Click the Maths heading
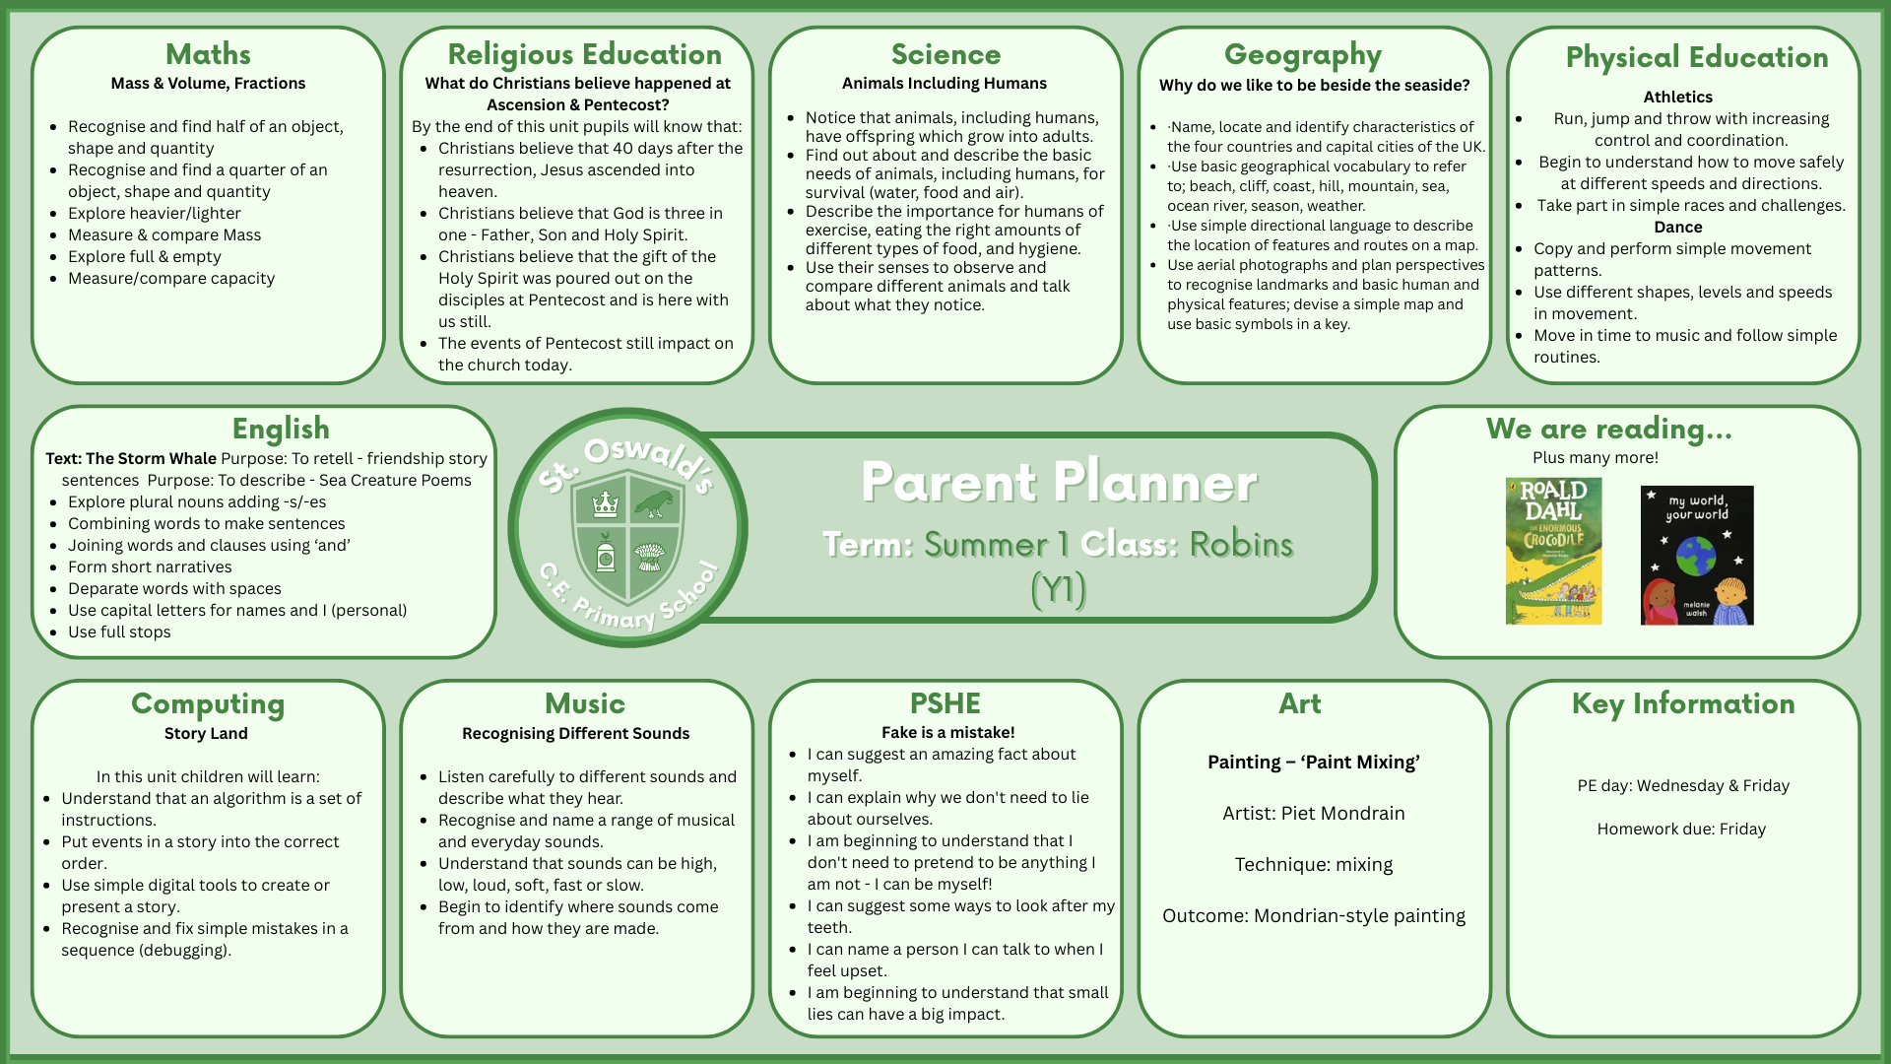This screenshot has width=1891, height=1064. (208, 54)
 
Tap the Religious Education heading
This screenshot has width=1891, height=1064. (584, 55)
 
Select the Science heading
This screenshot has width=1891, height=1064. (945, 54)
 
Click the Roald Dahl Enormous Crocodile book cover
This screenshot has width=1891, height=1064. (1553, 551)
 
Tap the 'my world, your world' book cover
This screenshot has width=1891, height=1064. (1696, 555)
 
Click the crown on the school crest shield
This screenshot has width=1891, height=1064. (605, 504)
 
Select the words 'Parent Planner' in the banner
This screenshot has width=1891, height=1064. (1059, 482)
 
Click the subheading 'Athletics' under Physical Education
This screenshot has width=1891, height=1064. (1677, 97)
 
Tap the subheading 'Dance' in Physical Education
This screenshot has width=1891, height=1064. (1677, 227)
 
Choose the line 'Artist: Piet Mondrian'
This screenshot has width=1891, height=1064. (1313, 813)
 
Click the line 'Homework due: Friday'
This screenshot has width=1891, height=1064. (1681, 829)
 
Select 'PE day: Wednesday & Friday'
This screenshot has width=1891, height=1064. (1682, 785)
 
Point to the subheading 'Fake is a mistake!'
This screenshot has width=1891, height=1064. (947, 732)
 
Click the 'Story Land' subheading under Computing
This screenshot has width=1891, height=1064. (206, 733)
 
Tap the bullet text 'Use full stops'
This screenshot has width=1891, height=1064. (119, 632)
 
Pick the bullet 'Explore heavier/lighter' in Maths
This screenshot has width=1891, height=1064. (154, 213)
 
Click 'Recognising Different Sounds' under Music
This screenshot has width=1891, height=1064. (575, 733)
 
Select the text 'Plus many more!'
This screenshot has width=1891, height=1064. (1595, 457)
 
